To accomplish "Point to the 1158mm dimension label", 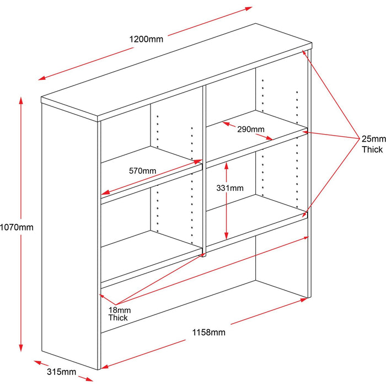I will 208,332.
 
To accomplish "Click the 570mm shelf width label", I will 142,170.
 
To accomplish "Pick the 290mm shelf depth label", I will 251,130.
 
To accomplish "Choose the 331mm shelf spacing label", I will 230,188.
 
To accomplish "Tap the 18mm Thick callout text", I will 118,314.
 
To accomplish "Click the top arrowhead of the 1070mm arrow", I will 22,100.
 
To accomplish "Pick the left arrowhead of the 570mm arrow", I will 104,193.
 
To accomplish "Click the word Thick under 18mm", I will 118,318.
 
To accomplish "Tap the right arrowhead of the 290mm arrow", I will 270,138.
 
